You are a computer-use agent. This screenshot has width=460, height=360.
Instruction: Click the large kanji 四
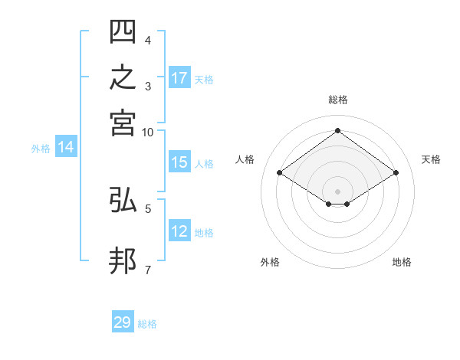click(123, 31)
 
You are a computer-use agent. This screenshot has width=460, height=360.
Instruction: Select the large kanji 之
click(123, 77)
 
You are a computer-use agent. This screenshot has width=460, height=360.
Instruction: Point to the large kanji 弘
click(123, 199)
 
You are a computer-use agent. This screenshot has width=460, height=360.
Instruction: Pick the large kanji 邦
click(123, 260)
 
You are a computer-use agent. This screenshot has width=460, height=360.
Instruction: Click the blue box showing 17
click(179, 77)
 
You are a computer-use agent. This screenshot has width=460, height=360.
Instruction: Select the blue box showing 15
click(179, 162)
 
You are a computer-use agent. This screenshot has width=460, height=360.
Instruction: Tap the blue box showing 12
click(179, 230)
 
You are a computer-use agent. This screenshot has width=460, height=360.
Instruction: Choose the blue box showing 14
click(66, 146)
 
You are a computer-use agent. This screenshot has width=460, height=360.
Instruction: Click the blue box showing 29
click(123, 321)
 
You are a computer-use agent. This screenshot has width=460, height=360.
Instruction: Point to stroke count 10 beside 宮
click(147, 133)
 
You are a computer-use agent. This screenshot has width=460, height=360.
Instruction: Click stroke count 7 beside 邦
click(148, 270)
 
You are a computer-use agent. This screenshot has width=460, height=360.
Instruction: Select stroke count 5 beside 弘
click(148, 209)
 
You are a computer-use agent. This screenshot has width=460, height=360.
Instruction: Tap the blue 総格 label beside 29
click(147, 324)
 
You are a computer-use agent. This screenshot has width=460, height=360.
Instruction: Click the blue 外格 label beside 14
click(41, 149)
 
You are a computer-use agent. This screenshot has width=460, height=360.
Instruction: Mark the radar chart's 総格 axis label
click(338, 100)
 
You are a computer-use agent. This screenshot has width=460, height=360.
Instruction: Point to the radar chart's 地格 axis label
click(402, 262)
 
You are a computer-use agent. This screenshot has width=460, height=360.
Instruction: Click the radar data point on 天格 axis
click(396, 172)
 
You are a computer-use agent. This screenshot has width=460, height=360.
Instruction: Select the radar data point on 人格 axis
click(280, 172)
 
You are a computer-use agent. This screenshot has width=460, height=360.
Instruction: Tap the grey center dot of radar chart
click(337, 191)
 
